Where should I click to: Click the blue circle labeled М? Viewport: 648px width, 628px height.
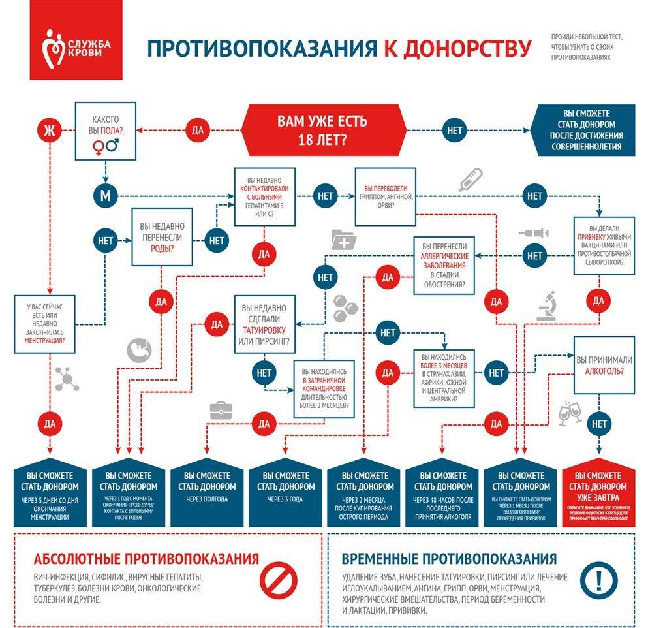pyautogui.click(x=104, y=195)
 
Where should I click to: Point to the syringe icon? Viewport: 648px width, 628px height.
pyautogui.click(x=534, y=232)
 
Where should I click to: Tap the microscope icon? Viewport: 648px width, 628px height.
pyautogui.click(x=546, y=305)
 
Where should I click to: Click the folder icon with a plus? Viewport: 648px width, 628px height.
pyautogui.click(x=344, y=240)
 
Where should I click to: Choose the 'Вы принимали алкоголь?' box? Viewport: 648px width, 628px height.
pyautogui.click(x=603, y=366)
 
